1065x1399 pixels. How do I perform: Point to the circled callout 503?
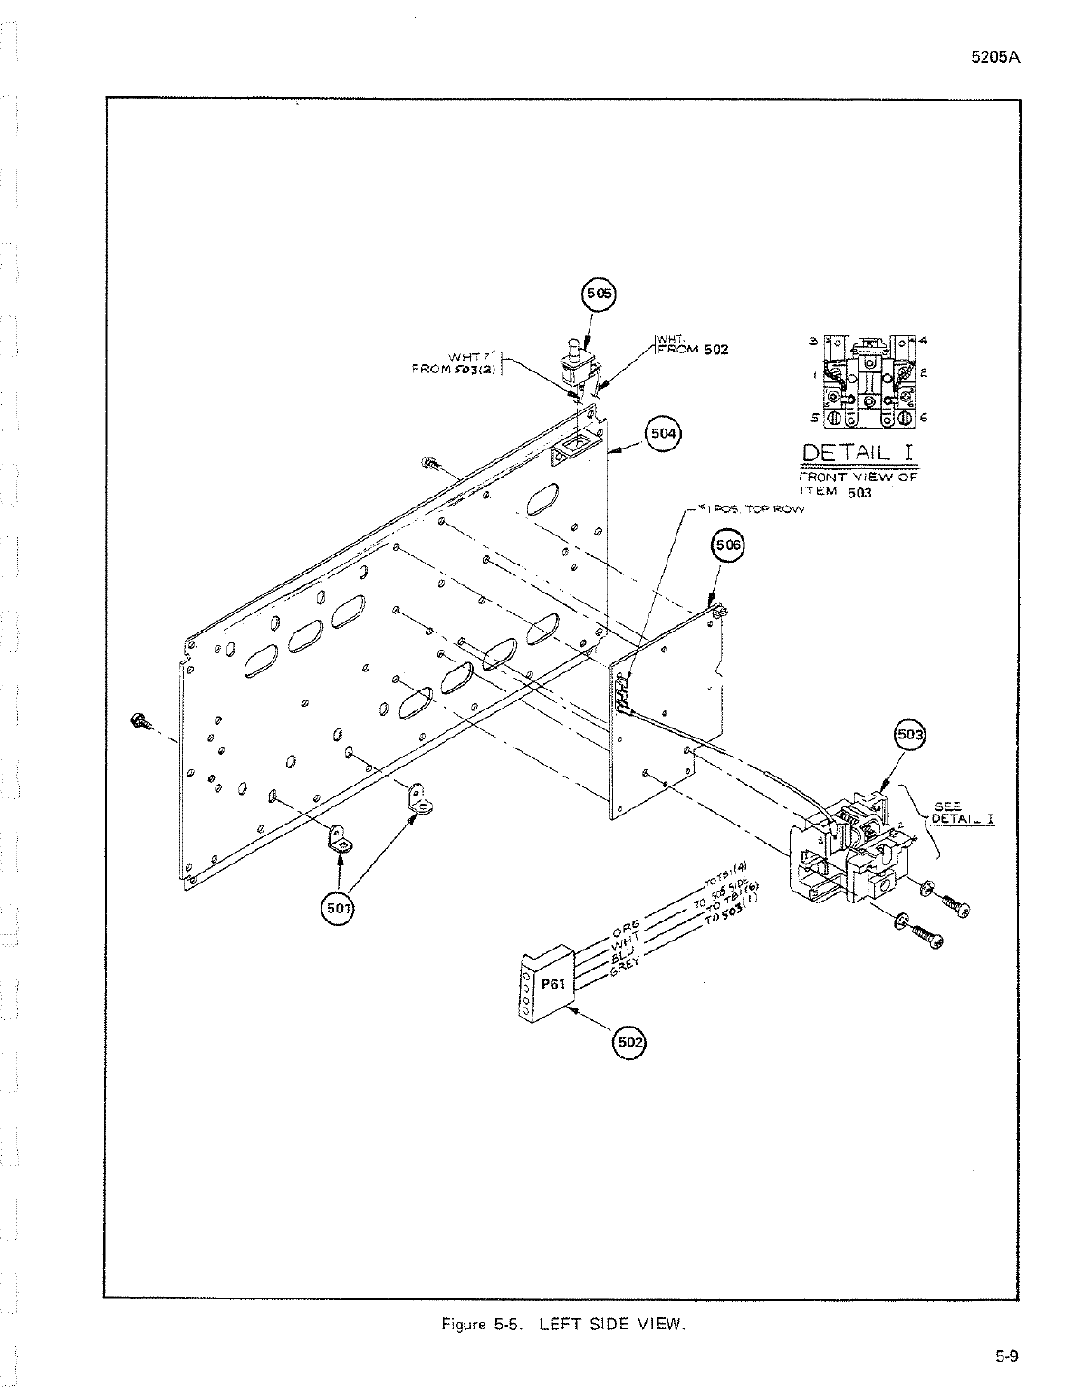click(x=908, y=734)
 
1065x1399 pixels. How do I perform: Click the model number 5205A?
click(x=995, y=56)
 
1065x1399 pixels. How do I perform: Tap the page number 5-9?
click(x=1007, y=1356)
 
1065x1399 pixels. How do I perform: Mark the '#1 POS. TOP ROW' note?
click(x=753, y=510)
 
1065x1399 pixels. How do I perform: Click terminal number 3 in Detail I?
click(x=813, y=341)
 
